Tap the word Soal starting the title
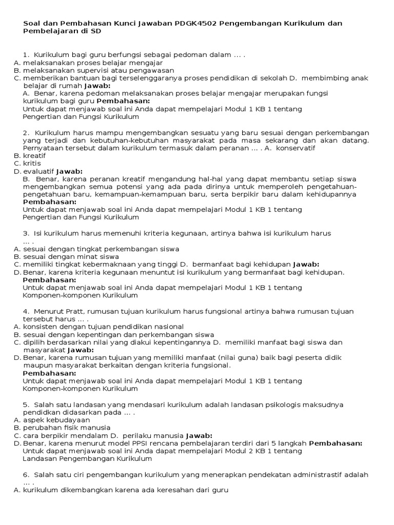coord(32,23)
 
